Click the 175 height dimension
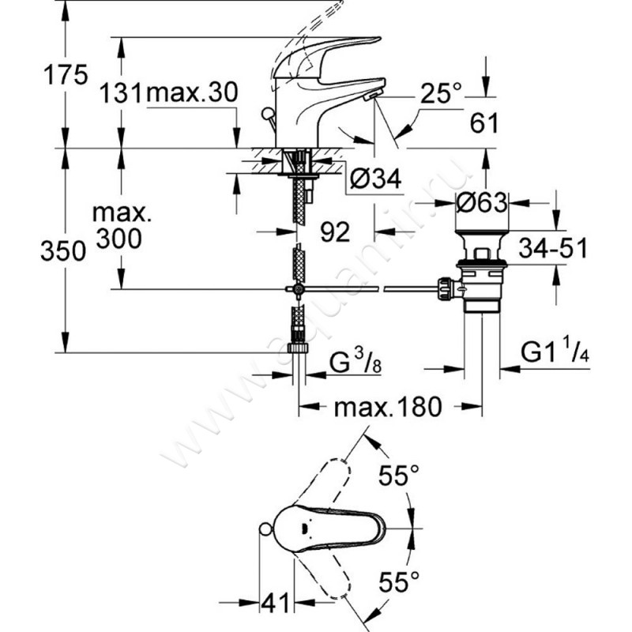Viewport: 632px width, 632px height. click(65, 77)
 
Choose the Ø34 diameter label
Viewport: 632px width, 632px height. click(374, 181)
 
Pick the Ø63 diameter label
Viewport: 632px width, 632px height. click(481, 204)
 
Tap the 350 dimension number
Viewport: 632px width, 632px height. click(65, 252)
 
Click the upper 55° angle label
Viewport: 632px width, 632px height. click(397, 476)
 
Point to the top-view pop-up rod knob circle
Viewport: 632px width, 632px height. click(268, 530)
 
